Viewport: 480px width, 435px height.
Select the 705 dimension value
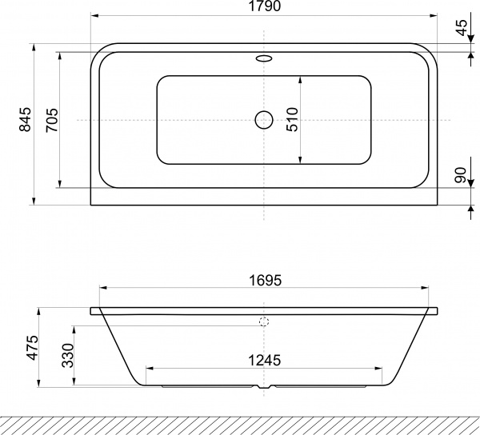(x=50, y=119)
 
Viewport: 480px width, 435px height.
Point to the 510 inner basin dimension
(x=292, y=119)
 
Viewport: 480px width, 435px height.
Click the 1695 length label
(x=264, y=281)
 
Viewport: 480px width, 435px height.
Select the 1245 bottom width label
(x=264, y=361)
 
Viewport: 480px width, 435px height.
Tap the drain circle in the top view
(x=264, y=120)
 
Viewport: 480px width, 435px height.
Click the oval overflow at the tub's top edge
(x=264, y=58)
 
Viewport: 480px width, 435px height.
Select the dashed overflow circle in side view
(x=264, y=323)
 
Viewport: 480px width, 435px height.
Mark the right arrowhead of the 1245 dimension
(x=380, y=369)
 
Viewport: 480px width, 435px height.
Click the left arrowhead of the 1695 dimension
(x=100, y=289)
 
